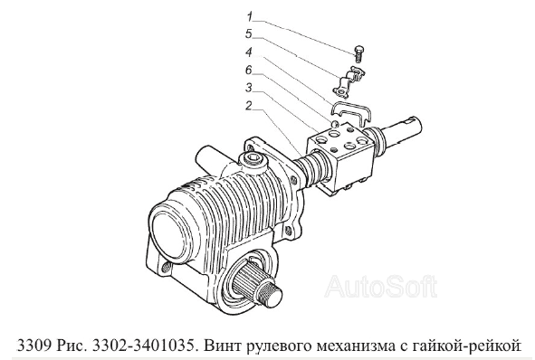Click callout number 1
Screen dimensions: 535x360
tap(250, 16)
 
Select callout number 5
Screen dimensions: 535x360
tap(249, 33)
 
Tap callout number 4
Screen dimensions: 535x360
tap(249, 52)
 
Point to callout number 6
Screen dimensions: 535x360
tap(249, 71)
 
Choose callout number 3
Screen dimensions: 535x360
tap(249, 88)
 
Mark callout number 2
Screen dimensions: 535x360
tap(249, 106)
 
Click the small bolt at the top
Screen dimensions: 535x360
tap(358, 53)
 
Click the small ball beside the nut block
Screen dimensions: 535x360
tap(336, 123)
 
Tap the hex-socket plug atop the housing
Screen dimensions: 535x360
tap(253, 160)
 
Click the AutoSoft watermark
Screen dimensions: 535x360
tap(381, 287)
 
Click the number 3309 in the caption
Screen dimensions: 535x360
tap(33, 346)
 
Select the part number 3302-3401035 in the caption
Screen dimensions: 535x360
tap(143, 346)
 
